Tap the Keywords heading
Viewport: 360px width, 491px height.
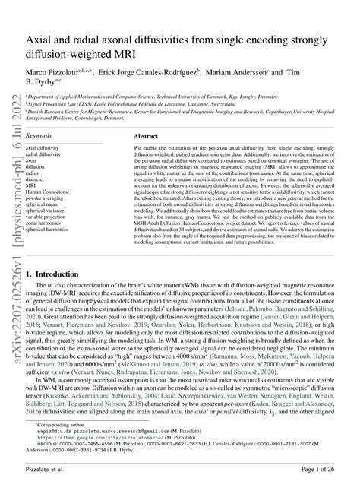pos(39,113)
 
